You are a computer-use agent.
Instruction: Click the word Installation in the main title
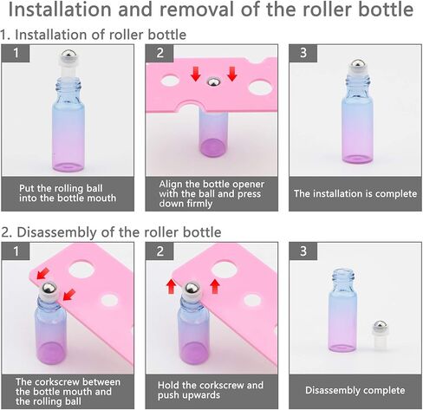click(x=60, y=10)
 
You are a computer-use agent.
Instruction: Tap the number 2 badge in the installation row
click(x=159, y=53)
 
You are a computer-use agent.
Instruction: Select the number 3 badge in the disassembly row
click(x=303, y=251)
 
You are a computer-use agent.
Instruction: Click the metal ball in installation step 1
click(x=68, y=55)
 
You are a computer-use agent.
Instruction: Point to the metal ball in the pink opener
click(x=213, y=81)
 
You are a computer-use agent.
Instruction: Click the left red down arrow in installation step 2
click(x=196, y=74)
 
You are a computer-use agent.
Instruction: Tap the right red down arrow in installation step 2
click(x=232, y=74)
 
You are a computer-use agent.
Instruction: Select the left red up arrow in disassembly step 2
click(x=171, y=286)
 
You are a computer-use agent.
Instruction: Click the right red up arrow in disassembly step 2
click(x=215, y=286)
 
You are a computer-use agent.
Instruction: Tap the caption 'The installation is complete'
click(x=355, y=193)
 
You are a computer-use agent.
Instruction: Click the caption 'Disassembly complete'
click(x=355, y=390)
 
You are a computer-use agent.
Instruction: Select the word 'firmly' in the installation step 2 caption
click(x=199, y=204)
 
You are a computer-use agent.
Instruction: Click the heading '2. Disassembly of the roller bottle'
click(x=111, y=232)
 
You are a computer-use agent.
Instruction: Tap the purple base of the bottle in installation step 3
click(x=357, y=159)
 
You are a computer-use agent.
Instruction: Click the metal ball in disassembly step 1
click(x=49, y=288)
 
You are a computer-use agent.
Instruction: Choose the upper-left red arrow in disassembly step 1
click(x=43, y=274)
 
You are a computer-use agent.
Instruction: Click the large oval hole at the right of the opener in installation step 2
click(x=259, y=88)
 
